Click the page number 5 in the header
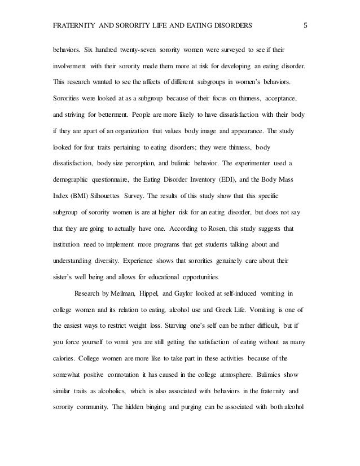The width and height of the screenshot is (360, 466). [x=305, y=25]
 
